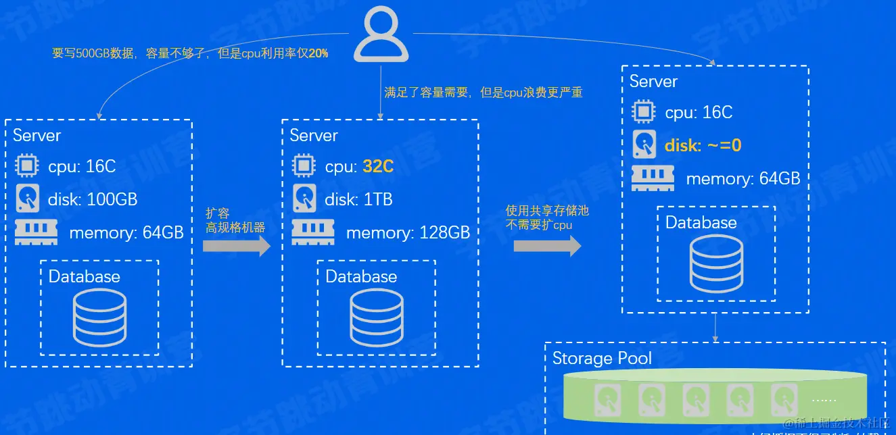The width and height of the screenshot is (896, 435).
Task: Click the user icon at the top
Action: pyautogui.click(x=381, y=34)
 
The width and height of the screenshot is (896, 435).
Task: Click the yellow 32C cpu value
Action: pyautogui.click(x=378, y=166)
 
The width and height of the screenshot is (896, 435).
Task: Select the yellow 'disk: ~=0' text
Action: pyautogui.click(x=703, y=145)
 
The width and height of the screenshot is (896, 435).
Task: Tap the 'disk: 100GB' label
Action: pyautogui.click(x=93, y=199)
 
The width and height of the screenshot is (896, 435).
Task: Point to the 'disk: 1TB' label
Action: pyautogui.click(x=358, y=199)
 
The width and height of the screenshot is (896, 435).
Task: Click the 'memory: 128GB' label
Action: pyautogui.click(x=408, y=233)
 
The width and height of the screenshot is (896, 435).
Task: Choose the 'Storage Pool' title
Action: pyautogui.click(x=602, y=358)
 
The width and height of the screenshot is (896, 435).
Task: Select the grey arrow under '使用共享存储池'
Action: pyautogui.click(x=547, y=245)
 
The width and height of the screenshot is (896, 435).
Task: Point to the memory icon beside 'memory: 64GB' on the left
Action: pyautogui.click(x=37, y=232)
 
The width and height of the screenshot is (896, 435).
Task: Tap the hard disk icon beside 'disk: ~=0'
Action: pyautogui.click(x=644, y=145)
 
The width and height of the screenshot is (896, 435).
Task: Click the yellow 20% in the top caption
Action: pyautogui.click(x=319, y=53)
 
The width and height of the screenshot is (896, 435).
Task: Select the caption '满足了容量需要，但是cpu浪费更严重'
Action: pyautogui.click(x=484, y=93)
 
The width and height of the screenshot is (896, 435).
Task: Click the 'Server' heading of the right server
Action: pyautogui.click(x=653, y=82)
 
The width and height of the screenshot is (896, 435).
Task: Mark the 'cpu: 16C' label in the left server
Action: pyautogui.click(x=82, y=166)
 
